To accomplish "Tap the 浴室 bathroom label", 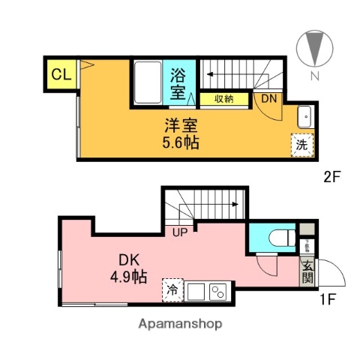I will (178, 83).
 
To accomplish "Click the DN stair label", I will (268, 97).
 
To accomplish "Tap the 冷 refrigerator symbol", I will (172, 289).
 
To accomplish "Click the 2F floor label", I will (333, 179).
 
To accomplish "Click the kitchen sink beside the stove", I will (196, 290).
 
